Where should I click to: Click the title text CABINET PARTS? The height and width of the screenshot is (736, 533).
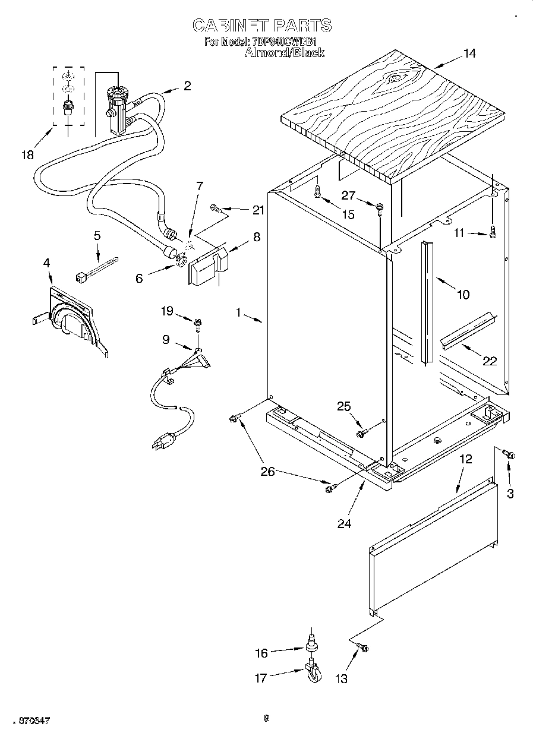tap(262, 25)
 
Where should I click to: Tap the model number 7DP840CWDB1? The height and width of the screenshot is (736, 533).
tap(284, 42)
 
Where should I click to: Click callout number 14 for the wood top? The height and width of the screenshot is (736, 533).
tap(469, 53)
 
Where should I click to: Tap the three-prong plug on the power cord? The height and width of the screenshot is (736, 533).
tap(165, 441)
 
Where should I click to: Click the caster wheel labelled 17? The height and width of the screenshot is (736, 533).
tap(313, 674)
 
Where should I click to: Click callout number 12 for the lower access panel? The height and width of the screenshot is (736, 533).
tap(465, 459)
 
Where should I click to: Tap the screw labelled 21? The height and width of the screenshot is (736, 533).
tap(217, 209)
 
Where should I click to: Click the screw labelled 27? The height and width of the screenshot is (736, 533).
tap(379, 207)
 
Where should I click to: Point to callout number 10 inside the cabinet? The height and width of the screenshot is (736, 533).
tap(462, 294)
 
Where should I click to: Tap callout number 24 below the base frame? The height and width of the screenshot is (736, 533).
tap(344, 523)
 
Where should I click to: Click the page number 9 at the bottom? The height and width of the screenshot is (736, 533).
tap(267, 718)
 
